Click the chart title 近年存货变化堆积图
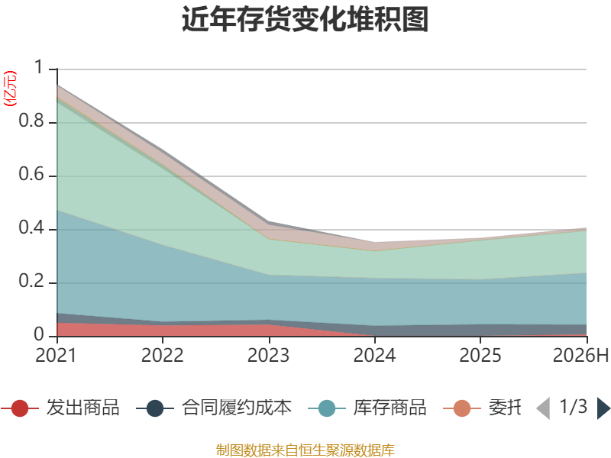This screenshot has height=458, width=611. click(305, 19)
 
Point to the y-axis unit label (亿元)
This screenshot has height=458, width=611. click(10, 89)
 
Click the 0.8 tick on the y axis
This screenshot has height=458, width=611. click(31, 121)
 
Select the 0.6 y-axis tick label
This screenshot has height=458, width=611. click(31, 174)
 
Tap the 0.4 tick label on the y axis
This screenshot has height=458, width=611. click(31, 227)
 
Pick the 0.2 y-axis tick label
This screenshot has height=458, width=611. click(31, 281)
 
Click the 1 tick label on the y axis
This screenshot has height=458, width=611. click(39, 67)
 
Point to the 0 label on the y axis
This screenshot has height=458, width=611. click(39, 334)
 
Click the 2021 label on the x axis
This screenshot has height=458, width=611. click(56, 355)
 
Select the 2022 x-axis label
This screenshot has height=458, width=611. click(162, 355)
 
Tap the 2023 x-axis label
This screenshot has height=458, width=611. click(269, 355)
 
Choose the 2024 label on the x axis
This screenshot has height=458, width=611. click(374, 355)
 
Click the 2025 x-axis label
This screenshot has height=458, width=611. click(480, 355)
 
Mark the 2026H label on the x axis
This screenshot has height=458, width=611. click(580, 355)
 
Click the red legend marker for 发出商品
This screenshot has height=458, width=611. click(20, 408)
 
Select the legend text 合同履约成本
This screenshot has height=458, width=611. click(237, 408)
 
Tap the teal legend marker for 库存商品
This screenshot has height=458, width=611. click(327, 408)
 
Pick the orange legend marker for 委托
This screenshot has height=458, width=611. click(462, 408)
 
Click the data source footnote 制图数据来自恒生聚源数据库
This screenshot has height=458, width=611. click(305, 450)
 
